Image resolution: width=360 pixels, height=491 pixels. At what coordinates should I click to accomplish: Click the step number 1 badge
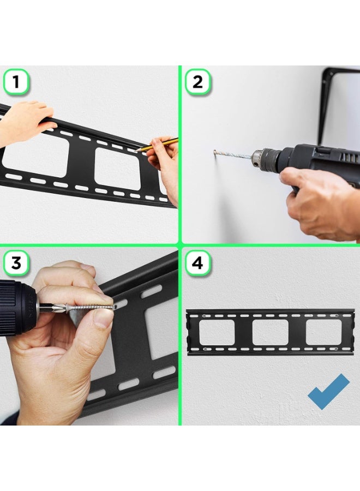(x=16, y=82)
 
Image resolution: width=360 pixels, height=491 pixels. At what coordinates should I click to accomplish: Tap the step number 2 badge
(x=197, y=82)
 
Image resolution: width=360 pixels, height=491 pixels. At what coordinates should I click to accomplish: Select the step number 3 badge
(x=16, y=263)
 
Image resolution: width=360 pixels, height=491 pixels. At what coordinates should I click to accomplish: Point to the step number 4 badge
(x=197, y=263)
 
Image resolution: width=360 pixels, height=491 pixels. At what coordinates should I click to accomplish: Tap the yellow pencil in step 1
(x=158, y=145)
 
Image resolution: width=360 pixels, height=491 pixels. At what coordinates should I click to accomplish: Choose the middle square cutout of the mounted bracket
(x=270, y=332)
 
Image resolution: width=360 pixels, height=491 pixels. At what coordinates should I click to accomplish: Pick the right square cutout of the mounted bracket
(x=323, y=332)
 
